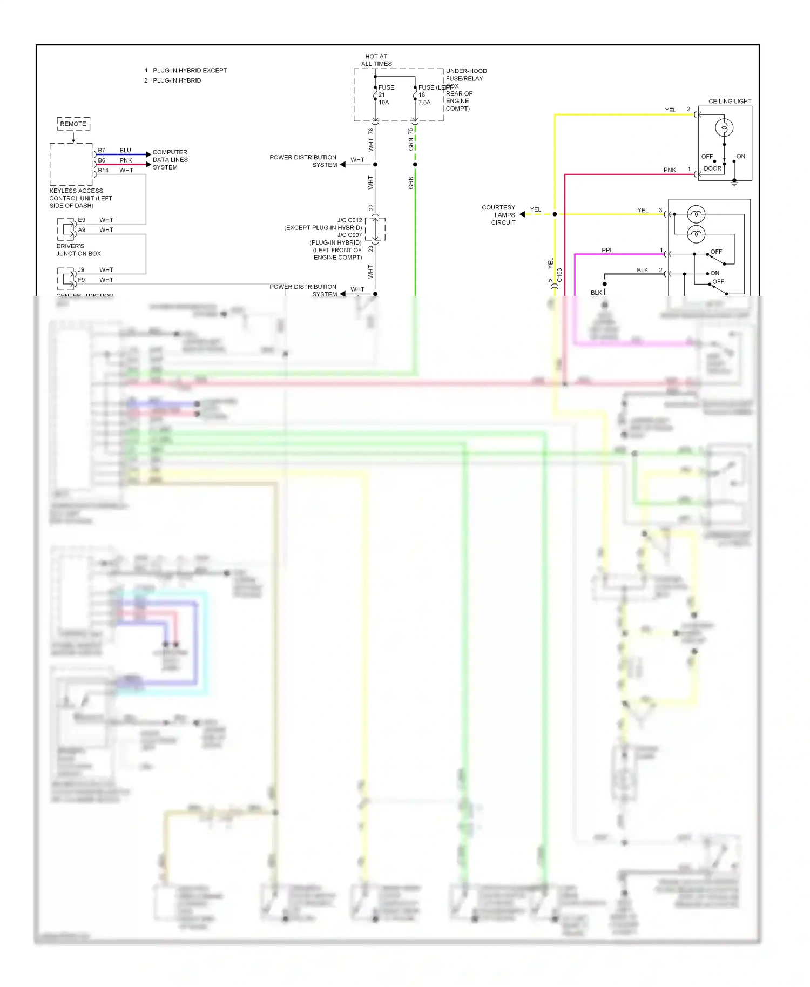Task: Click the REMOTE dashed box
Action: click(x=73, y=124)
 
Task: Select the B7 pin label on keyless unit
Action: click(x=102, y=151)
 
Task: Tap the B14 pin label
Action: click(x=103, y=171)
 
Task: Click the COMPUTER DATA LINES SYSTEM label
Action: click(x=170, y=160)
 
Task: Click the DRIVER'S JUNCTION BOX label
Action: click(x=78, y=249)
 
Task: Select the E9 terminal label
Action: click(x=82, y=220)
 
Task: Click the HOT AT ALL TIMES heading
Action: click(x=376, y=60)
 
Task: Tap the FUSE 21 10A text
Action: click(x=386, y=95)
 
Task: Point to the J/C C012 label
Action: click(x=349, y=220)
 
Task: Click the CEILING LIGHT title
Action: click(x=730, y=102)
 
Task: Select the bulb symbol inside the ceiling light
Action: click(x=724, y=128)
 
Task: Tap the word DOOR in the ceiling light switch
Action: click(x=712, y=168)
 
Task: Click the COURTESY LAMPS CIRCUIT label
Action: click(x=499, y=215)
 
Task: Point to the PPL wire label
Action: click(x=607, y=250)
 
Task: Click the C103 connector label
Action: click(x=559, y=275)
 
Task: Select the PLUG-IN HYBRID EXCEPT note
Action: click(x=190, y=71)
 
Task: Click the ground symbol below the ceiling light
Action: click(x=734, y=184)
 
